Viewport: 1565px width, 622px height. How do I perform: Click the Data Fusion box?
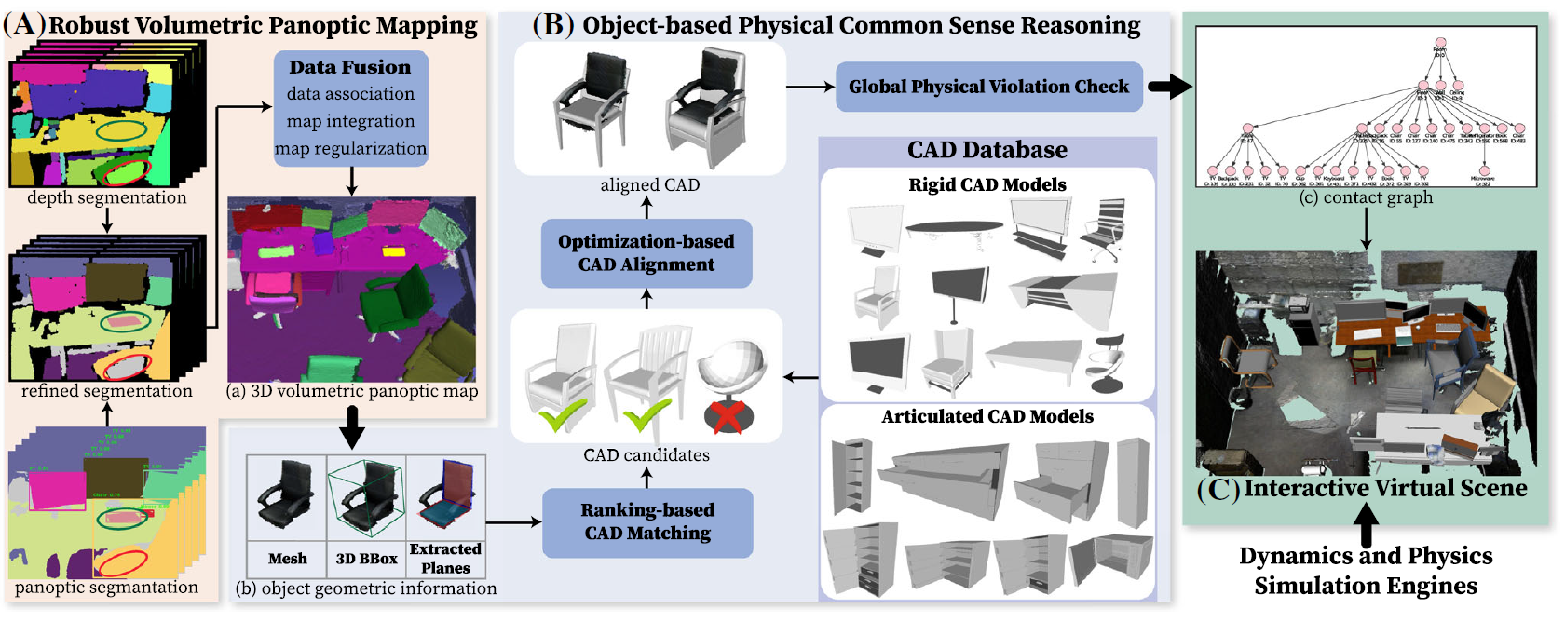(x=350, y=108)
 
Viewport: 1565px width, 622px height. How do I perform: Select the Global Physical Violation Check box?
(x=988, y=87)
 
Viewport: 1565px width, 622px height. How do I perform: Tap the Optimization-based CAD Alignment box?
(x=646, y=253)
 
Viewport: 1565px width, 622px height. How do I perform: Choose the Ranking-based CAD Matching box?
(x=647, y=521)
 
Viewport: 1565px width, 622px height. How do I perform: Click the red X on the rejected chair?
(x=728, y=415)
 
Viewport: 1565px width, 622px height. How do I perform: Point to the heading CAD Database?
(x=987, y=150)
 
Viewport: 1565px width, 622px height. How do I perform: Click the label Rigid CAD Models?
(x=987, y=184)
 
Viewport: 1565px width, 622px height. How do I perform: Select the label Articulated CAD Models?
(x=987, y=416)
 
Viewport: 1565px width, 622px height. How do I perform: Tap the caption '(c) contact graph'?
(x=1366, y=197)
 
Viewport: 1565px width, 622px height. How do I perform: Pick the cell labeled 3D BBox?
(x=366, y=559)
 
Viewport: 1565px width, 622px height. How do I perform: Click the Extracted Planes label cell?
(x=445, y=559)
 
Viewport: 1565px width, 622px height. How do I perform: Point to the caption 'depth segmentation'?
(x=106, y=197)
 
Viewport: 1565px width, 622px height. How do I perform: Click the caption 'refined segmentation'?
(x=106, y=391)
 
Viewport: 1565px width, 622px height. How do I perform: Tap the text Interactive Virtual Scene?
(x=1384, y=488)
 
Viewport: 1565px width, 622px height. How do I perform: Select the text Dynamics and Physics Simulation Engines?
(x=1366, y=571)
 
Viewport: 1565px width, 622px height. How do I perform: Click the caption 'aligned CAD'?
(x=649, y=185)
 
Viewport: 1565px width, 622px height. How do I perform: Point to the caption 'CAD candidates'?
(x=646, y=455)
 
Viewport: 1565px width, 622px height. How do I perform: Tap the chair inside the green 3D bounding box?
(x=367, y=498)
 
